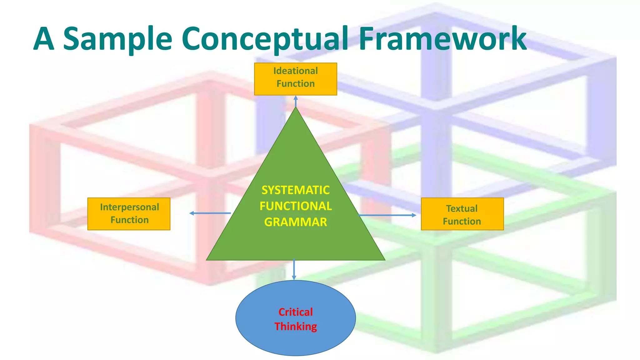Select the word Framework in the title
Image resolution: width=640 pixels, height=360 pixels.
click(x=442, y=39)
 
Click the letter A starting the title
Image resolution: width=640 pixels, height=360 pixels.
click(x=44, y=39)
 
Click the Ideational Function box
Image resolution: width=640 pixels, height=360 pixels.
click(x=295, y=79)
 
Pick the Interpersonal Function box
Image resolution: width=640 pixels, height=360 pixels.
click(x=129, y=214)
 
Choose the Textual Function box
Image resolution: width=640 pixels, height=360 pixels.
click(x=462, y=214)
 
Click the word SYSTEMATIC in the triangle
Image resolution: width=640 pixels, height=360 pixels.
click(x=295, y=190)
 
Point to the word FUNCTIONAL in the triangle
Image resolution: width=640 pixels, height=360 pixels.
click(x=295, y=206)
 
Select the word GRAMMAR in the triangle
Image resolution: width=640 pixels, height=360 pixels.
click(x=295, y=222)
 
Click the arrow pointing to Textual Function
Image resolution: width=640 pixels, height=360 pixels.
click(x=387, y=215)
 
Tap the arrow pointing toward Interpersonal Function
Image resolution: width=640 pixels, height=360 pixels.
click(x=210, y=213)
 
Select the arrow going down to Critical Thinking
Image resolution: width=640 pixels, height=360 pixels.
click(x=294, y=269)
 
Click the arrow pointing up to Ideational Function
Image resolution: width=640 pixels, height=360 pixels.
click(x=296, y=101)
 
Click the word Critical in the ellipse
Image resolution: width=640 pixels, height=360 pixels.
click(x=295, y=312)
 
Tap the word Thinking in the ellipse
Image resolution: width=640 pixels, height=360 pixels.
click(x=295, y=326)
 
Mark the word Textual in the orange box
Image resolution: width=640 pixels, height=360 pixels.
click(x=462, y=208)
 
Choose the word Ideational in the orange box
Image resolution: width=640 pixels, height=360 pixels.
click(x=295, y=71)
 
